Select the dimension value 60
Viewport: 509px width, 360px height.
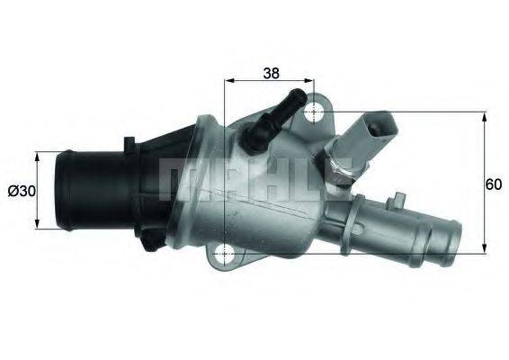coord(493,184)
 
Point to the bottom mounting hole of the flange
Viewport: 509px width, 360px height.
coord(224,254)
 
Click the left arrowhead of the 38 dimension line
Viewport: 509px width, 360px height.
coord(228,80)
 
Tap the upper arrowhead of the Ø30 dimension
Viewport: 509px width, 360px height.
coord(38,156)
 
